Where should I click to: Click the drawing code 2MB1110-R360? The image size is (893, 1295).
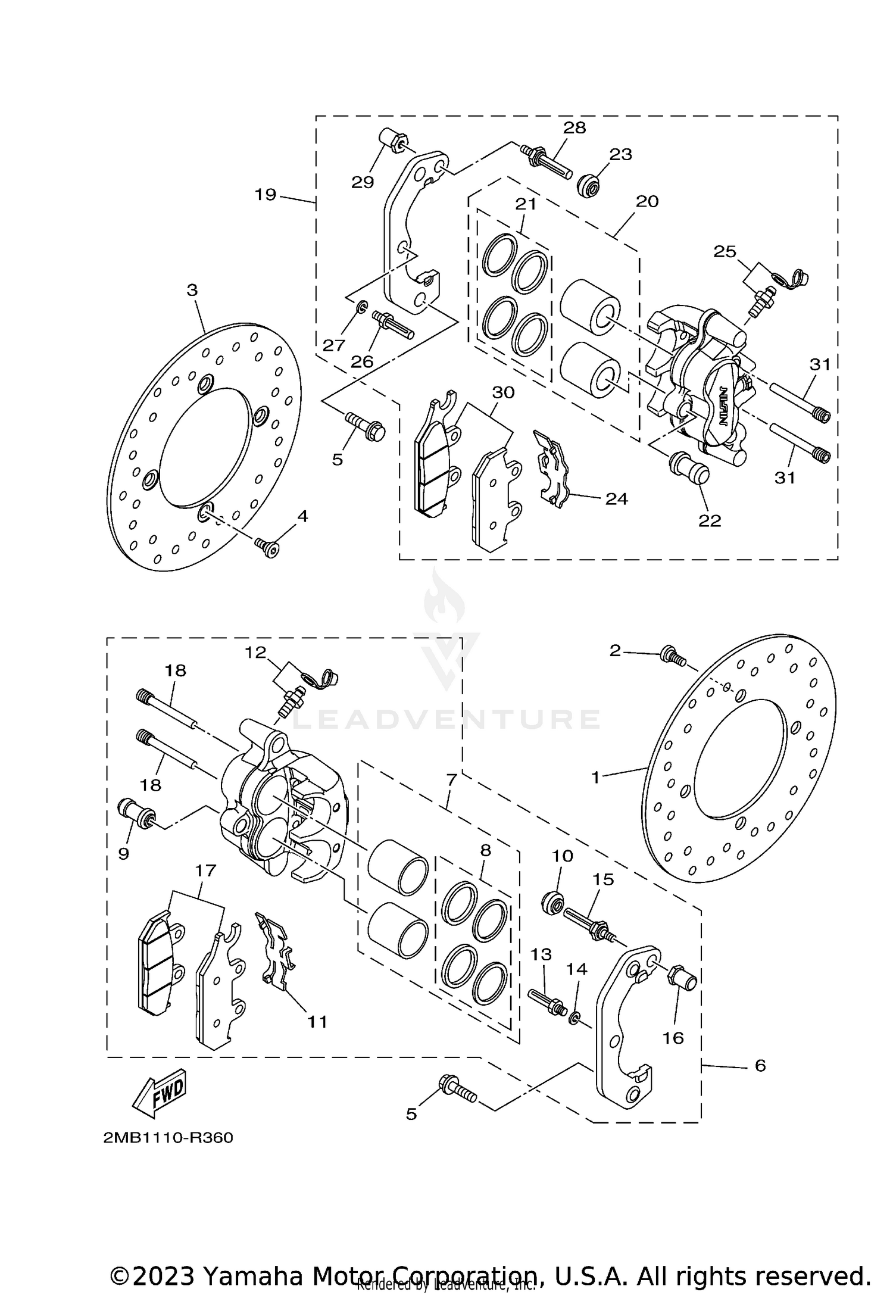tap(168, 1138)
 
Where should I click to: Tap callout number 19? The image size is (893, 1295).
tap(266, 194)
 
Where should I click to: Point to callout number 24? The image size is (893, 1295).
tap(617, 498)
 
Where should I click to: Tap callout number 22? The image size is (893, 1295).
tap(710, 520)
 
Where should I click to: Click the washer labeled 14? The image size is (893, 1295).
tap(576, 1018)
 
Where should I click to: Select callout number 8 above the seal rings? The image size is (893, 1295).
tap(485, 850)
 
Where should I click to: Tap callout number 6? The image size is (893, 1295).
tap(760, 1065)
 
